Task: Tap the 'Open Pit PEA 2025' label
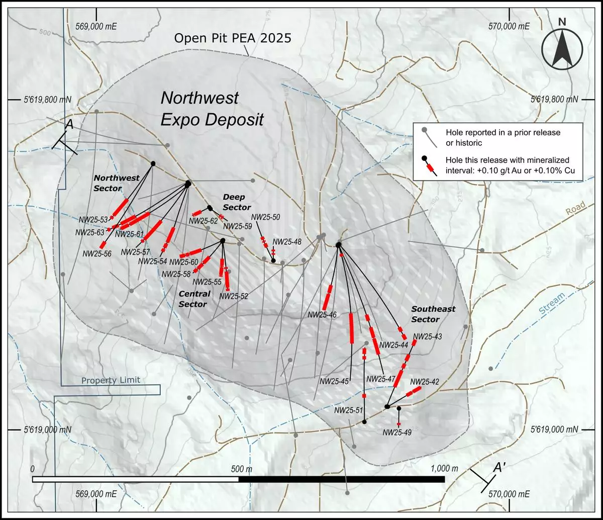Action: [x=232, y=38]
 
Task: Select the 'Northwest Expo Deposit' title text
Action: [x=212, y=108]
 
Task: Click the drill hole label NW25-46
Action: [x=322, y=315]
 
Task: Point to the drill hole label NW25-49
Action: [x=397, y=431]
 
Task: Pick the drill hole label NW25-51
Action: [x=348, y=410]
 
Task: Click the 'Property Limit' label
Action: [x=111, y=380]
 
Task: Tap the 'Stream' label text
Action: [x=552, y=305]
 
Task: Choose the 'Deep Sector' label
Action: [x=236, y=202]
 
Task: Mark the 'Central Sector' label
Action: [x=193, y=299]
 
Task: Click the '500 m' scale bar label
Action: [x=243, y=469]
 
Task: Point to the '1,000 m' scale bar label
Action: [x=444, y=469]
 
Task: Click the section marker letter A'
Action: [x=498, y=468]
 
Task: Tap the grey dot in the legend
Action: [x=425, y=130]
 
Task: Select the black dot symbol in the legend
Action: [x=425, y=160]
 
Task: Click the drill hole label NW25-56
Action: [x=97, y=254]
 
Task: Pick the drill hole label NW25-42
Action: [x=425, y=382]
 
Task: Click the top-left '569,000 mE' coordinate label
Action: [x=96, y=26]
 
